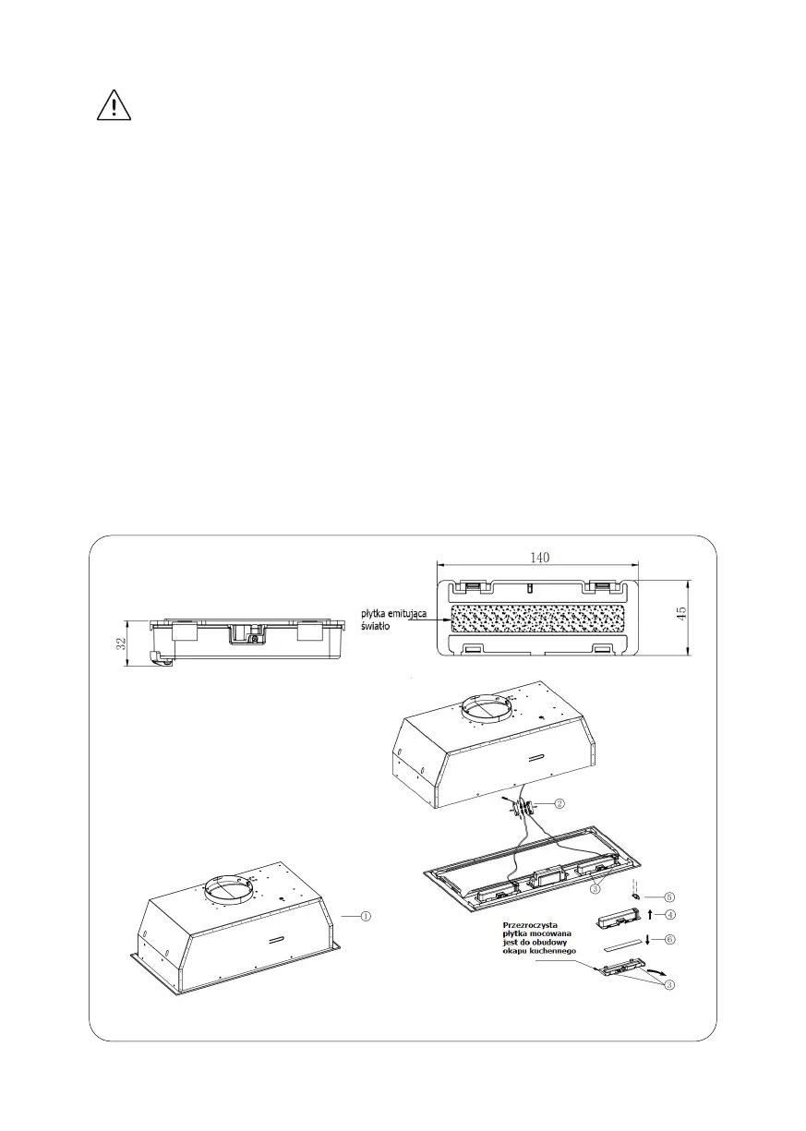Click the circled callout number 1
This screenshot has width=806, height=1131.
366,916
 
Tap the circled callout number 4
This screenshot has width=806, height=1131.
670,914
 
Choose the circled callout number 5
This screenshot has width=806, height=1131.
670,896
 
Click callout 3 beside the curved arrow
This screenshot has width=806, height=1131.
670,984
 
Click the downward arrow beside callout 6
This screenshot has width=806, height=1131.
649,940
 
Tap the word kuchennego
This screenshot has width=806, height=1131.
552,951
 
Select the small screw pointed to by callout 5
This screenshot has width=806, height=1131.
635,896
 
